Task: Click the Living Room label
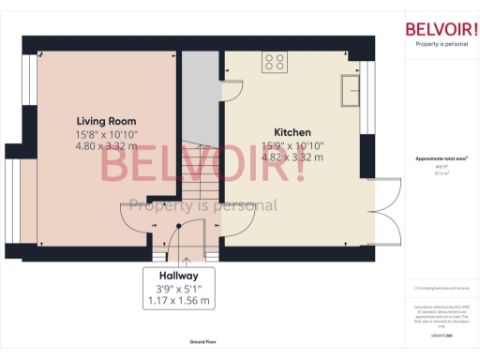click(x=106, y=121)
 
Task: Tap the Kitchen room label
click(x=292, y=132)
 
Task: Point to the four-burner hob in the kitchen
click(x=276, y=64)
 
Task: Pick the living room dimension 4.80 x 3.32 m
click(x=106, y=146)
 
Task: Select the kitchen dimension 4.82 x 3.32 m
click(x=292, y=157)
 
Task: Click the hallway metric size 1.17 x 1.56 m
click(x=178, y=302)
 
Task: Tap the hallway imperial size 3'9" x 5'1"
click(x=178, y=289)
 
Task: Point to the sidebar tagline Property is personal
click(x=441, y=43)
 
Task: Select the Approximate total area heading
click(x=441, y=158)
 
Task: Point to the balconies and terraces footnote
click(x=441, y=291)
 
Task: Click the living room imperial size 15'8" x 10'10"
click(x=106, y=134)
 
